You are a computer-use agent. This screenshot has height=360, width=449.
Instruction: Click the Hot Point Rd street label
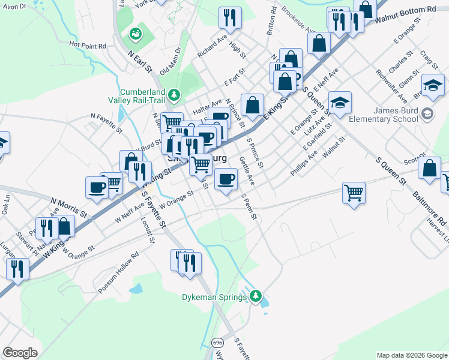87,45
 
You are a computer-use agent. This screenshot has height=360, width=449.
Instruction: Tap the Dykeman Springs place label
214,297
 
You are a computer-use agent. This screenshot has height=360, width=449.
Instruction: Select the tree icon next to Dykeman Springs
256,296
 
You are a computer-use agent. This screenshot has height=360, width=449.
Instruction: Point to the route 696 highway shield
217,343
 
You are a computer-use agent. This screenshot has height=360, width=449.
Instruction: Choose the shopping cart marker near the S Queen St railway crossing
354,193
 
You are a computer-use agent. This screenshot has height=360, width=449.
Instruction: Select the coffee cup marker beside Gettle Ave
226,179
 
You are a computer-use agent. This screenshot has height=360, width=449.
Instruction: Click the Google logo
20,353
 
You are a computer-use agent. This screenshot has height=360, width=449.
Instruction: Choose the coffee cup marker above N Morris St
97,187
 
